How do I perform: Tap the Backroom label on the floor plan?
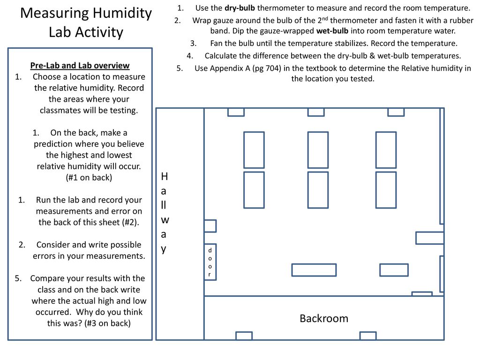coord(324,319)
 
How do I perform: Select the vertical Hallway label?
coord(164,212)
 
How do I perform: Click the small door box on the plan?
coord(210,262)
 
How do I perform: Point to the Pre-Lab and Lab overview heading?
coord(80,65)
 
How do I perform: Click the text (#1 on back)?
coord(89,178)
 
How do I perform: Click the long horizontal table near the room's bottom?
coord(314,270)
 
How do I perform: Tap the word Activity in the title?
coord(100,33)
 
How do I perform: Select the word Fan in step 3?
coord(217,44)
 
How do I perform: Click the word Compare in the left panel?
coord(47,278)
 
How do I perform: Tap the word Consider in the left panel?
coord(53,245)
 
